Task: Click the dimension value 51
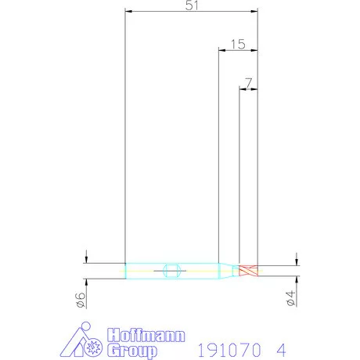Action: point(192,5)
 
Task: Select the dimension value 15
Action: point(238,45)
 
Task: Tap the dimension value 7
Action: point(249,83)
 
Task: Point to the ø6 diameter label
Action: point(81,300)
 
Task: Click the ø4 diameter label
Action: point(290,298)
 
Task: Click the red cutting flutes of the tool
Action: point(249,271)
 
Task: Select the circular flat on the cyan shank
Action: point(171,271)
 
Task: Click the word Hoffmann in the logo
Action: point(146,335)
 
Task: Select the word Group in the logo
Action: point(132,351)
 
